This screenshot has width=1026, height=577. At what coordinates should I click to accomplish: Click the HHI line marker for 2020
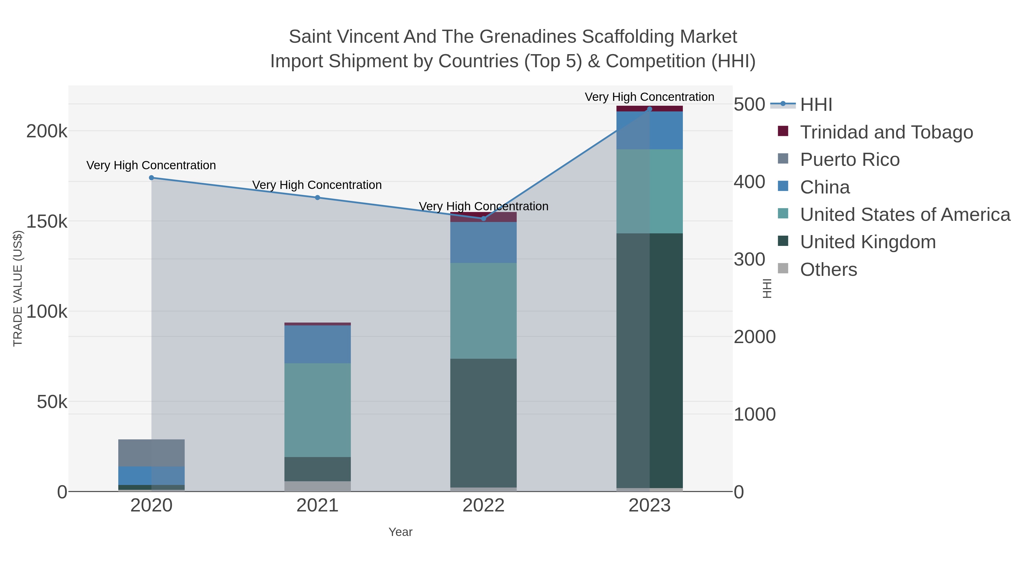(151, 178)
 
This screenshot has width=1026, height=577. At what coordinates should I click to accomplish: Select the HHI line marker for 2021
(317, 197)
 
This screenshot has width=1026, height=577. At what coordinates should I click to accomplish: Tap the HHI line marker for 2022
(484, 218)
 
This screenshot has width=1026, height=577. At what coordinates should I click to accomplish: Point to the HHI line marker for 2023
(650, 109)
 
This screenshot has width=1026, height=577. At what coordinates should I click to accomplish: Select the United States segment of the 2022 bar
(484, 311)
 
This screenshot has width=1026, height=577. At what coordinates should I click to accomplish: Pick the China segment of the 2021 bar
(317, 344)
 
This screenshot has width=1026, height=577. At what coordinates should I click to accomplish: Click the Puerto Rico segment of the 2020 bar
(151, 453)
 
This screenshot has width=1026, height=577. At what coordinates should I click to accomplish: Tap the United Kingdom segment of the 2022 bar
(484, 423)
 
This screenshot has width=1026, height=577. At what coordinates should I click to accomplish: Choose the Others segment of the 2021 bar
(317, 486)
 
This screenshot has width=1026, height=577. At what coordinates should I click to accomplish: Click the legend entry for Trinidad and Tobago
(886, 132)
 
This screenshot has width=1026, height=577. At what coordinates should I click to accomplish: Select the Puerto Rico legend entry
(850, 160)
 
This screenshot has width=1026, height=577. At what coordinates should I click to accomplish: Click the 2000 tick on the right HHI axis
(754, 337)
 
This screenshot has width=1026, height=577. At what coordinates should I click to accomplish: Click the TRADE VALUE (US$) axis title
(18, 288)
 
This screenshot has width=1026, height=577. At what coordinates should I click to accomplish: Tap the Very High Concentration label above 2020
(151, 165)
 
